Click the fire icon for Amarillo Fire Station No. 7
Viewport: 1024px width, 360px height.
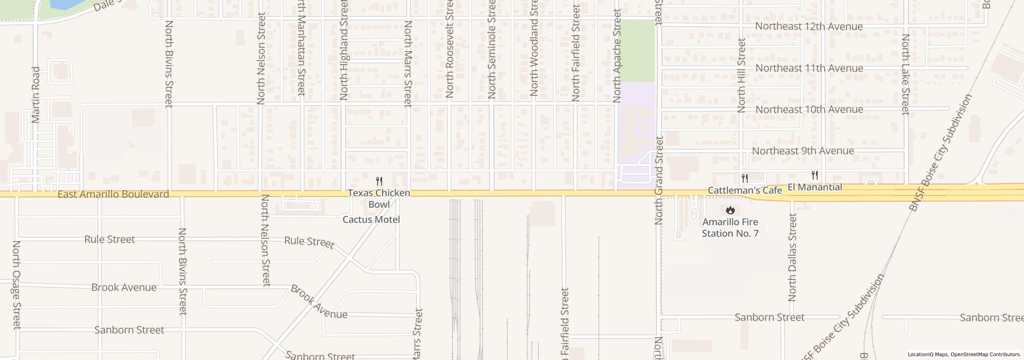click(x=730, y=210)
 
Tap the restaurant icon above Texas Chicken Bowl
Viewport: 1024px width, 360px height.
click(x=379, y=181)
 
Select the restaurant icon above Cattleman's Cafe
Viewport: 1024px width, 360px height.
click(x=744, y=178)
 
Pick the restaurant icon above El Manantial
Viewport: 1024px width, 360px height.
click(x=814, y=175)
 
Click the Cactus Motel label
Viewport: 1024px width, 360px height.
click(x=371, y=220)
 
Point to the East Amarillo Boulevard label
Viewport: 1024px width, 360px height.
click(x=113, y=194)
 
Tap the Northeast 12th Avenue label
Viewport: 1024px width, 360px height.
click(x=809, y=26)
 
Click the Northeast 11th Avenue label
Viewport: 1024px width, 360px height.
click(x=809, y=68)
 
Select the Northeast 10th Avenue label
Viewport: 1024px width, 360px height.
click(x=809, y=110)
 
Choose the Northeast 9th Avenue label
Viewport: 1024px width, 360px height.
click(x=803, y=151)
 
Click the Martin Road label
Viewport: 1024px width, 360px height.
click(x=36, y=95)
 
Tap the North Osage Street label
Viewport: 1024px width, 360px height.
click(x=16, y=285)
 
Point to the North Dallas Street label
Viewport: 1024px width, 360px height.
click(x=792, y=257)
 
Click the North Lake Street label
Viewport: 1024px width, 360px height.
click(x=906, y=74)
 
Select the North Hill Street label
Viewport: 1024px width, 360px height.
click(x=742, y=75)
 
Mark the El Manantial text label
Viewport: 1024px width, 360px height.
click(x=814, y=187)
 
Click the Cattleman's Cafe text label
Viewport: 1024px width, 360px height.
click(x=744, y=190)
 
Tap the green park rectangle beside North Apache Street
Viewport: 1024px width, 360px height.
click(x=636, y=51)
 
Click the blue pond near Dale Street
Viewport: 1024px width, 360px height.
click(x=64, y=4)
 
